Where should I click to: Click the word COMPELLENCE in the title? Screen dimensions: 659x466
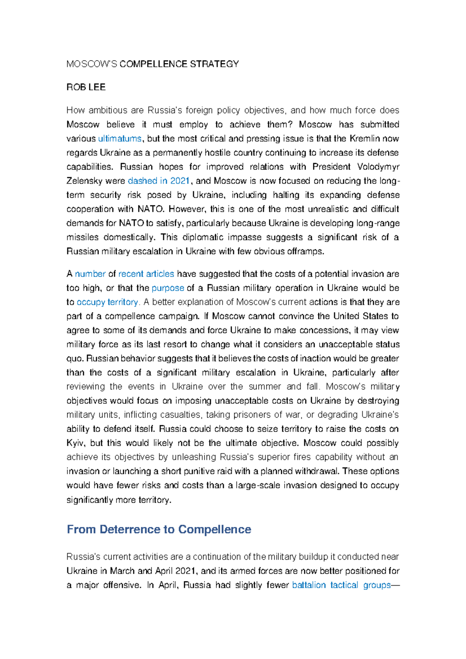pyautogui.click(x=148, y=64)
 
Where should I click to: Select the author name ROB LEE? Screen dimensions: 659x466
pyautogui.click(x=86, y=87)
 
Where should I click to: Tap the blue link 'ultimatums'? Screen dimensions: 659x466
pyautogui.click(x=120, y=139)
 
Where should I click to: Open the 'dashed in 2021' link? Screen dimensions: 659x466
pyautogui.click(x=158, y=181)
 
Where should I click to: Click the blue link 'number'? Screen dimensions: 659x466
pyautogui.click(x=90, y=274)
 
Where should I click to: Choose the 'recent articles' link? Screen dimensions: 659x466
pyautogui.click(x=146, y=274)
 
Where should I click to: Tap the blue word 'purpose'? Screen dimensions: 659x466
pyautogui.click(x=168, y=288)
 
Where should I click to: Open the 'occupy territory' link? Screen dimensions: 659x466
pyautogui.click(x=107, y=302)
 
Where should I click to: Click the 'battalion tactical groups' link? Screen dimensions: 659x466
pyautogui.click(x=341, y=585)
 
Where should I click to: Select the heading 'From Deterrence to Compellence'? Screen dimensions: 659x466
pyautogui.click(x=159, y=529)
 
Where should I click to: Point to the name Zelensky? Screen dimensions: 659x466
pyautogui.click(x=84, y=181)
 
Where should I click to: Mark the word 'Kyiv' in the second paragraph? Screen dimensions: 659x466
pyautogui.click(x=75, y=443)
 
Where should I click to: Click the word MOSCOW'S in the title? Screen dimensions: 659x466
pyautogui.click(x=92, y=64)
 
